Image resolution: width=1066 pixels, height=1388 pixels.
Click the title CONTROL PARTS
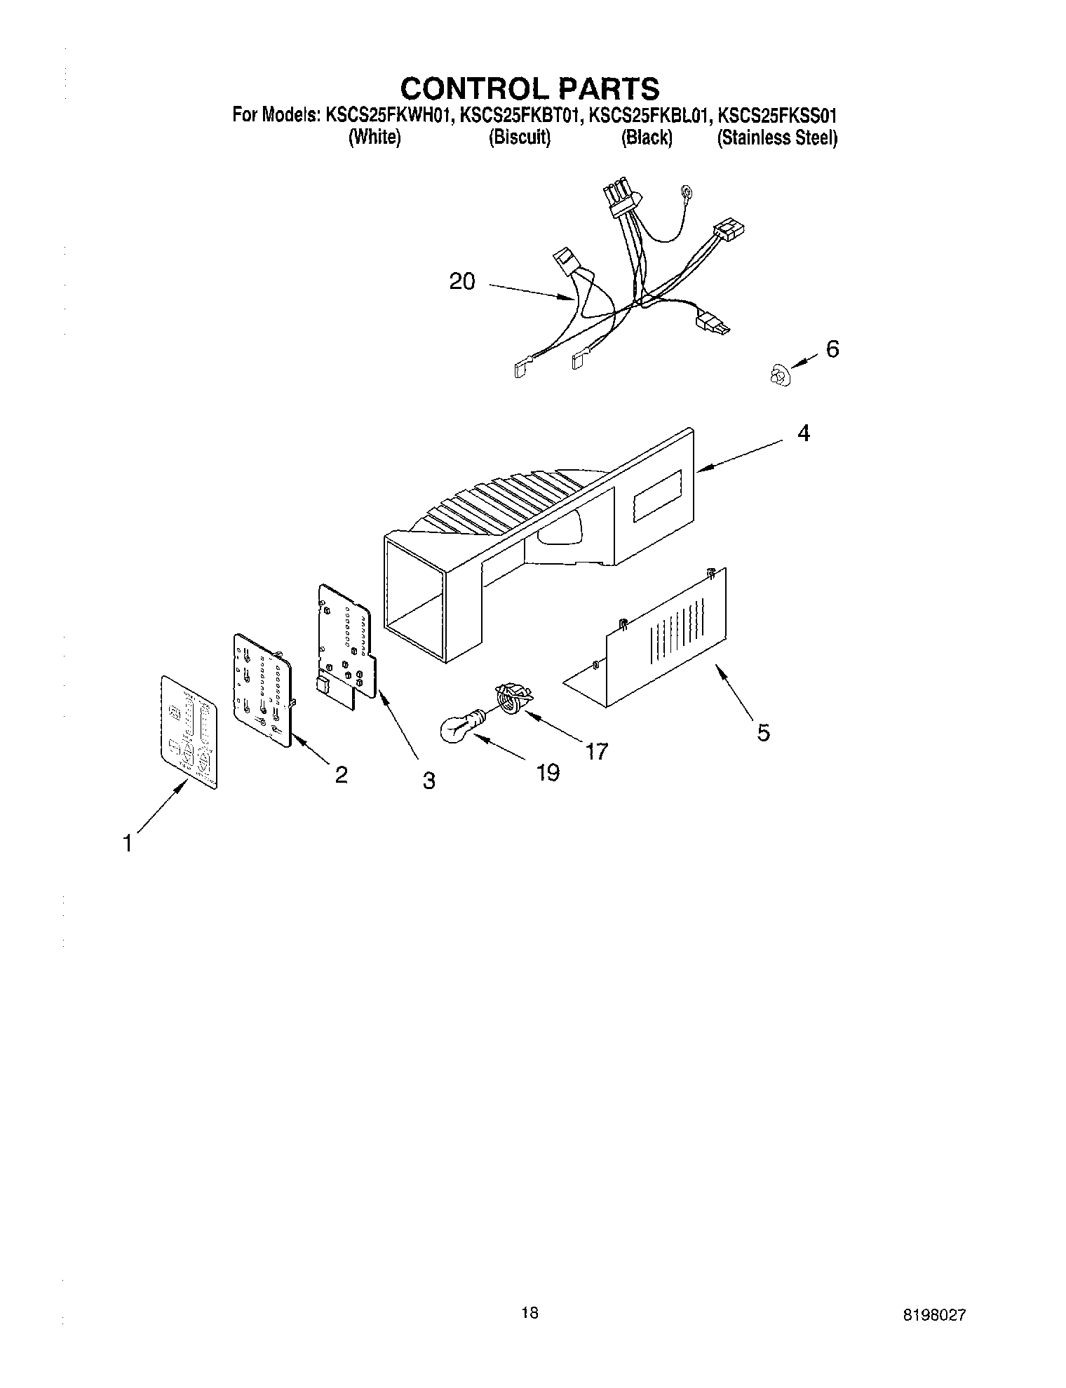pos(529,88)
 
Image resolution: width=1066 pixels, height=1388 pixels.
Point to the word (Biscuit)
pos(519,137)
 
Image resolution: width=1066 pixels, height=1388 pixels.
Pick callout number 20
pos(462,282)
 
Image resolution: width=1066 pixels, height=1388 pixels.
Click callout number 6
pos(832,349)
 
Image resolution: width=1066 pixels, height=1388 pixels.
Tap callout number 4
pos(804,434)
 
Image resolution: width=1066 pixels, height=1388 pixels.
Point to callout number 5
pos(763,733)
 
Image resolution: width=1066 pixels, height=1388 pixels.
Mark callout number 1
pos(127,844)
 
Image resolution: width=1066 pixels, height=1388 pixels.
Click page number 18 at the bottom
pos(530,1313)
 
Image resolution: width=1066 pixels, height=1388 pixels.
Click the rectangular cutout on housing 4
pos(657,495)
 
